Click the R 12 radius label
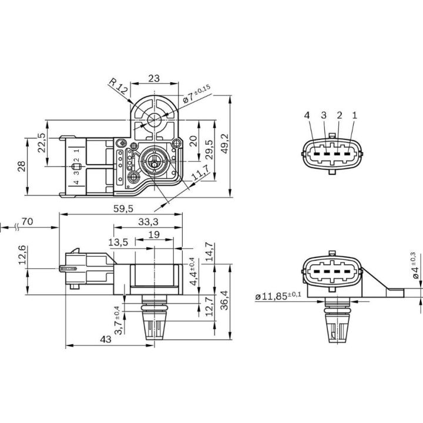[117, 86]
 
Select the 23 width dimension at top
[154, 78]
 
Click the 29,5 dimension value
[209, 149]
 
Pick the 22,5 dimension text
[42, 143]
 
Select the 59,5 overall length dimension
[123, 208]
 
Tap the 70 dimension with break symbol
[27, 221]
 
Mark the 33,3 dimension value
[148, 221]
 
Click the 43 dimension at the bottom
[106, 339]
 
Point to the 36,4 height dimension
[224, 300]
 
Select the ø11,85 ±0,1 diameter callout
[278, 296]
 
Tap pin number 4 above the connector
[307, 115]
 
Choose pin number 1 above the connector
[354, 115]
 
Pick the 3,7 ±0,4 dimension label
[118, 321]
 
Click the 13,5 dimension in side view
[118, 242]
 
